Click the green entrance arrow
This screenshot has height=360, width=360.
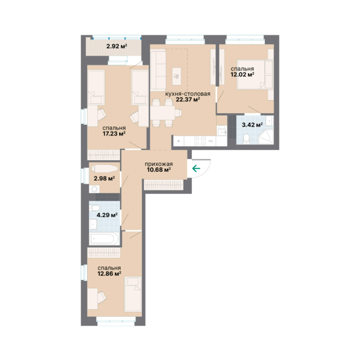pos(196,169)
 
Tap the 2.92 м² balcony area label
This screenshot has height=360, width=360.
pos(117,46)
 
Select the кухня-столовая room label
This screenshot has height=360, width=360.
pos(188,94)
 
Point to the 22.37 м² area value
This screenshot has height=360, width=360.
pos(188,99)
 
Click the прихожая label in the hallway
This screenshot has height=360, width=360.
pos(158,164)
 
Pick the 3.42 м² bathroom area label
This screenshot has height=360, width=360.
pos(252,125)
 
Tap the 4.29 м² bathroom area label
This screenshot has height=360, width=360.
pos(107,215)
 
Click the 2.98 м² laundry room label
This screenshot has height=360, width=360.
pos(104,179)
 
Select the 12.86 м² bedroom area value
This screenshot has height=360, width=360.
pos(109,274)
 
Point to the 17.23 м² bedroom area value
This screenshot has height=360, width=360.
pos(114,134)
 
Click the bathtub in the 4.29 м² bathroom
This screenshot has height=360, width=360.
pos(104,239)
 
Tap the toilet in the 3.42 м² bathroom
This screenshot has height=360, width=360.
pos(247,139)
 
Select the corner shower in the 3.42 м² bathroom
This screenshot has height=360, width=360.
pos(266,137)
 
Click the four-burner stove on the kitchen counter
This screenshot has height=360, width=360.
pos(200,141)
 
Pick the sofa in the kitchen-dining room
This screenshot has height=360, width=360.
pos(158,70)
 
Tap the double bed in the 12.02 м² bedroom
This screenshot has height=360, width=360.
pos(255,74)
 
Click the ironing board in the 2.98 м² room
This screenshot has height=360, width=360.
pos(105,169)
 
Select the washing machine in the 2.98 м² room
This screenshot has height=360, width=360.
pos(94,189)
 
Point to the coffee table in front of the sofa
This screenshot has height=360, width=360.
pos(177,76)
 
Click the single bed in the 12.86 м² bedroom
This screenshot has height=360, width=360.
pos(133,294)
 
